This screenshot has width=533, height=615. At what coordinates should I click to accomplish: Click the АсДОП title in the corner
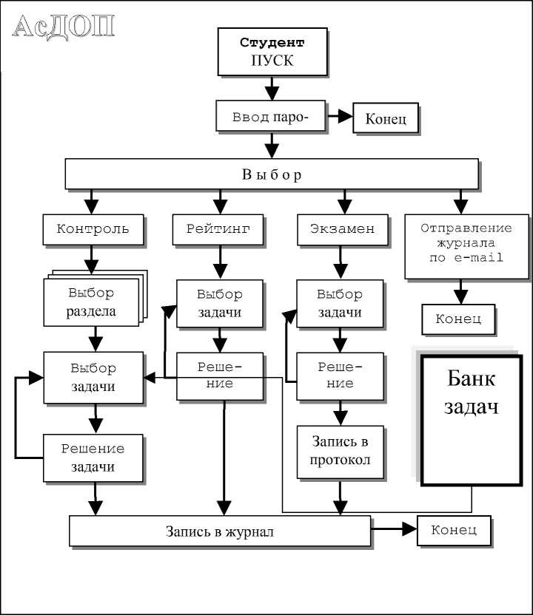click(x=65, y=27)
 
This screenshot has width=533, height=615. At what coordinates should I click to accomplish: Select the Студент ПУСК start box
click(x=272, y=52)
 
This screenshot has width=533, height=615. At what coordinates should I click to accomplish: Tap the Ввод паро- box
click(x=271, y=117)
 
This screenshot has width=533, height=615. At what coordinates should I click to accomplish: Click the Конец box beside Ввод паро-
click(x=386, y=119)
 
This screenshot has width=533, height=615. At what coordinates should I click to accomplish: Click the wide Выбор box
click(x=272, y=174)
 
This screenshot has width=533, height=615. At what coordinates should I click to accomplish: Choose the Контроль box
click(x=93, y=229)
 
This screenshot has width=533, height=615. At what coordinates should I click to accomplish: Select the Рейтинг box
click(x=218, y=229)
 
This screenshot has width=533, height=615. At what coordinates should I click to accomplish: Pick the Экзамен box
click(x=342, y=229)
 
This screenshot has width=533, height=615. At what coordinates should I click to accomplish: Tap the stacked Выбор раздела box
click(x=92, y=302)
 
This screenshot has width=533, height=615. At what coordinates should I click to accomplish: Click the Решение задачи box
click(x=93, y=458)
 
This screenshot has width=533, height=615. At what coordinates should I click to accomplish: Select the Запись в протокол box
click(x=341, y=451)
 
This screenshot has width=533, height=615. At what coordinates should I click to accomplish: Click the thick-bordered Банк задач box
click(x=471, y=420)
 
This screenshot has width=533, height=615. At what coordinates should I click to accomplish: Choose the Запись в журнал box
click(x=219, y=531)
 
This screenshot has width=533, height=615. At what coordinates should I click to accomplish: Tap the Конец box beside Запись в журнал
click(x=455, y=530)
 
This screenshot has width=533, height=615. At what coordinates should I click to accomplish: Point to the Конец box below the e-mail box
click(x=458, y=319)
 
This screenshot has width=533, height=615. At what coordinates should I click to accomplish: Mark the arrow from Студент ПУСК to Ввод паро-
click(x=272, y=87)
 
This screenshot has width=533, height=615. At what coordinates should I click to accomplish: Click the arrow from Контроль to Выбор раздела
click(x=92, y=259)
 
